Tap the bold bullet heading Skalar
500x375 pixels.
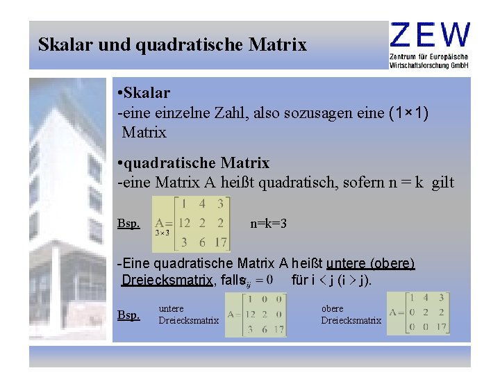tap(148, 92)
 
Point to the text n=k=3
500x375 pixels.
tap(269, 224)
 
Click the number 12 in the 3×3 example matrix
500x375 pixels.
tap(183, 223)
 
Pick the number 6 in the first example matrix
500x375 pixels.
tap(201, 242)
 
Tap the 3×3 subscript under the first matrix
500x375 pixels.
tap(162, 233)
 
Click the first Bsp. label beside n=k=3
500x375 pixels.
tap(128, 224)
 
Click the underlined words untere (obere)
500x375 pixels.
tap(370, 264)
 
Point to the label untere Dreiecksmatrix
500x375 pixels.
tap(188, 315)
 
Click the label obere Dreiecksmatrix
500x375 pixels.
tap(351, 315)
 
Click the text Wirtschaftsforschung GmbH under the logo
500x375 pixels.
tap(429, 65)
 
